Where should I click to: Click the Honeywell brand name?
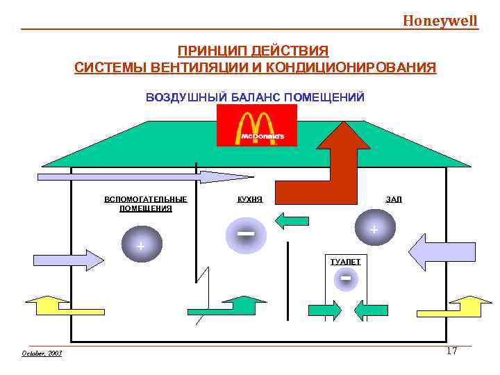point(440,20)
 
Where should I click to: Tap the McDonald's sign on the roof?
point(256,126)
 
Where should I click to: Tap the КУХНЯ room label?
point(249,199)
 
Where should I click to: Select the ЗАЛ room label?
point(393,199)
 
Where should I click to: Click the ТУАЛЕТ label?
point(345,261)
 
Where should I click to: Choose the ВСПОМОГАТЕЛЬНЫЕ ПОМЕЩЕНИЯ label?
point(146,203)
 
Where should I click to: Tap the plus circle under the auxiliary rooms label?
point(141,246)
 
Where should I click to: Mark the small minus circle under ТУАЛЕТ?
point(345,279)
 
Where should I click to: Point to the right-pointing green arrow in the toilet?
point(324,310)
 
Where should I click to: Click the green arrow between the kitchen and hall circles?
point(292,222)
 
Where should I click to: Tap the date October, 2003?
point(42,353)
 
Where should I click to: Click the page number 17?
point(451,351)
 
